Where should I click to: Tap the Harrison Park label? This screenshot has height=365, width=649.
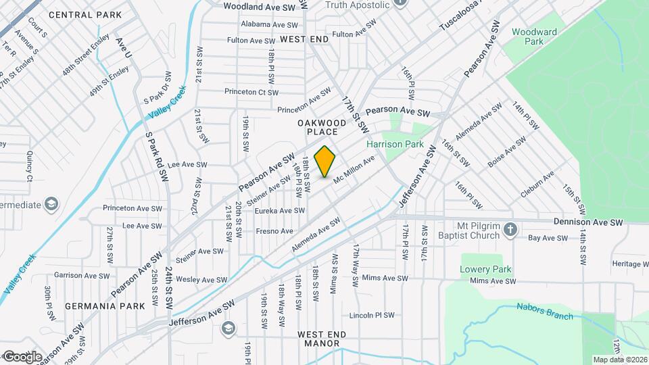pos(394,144)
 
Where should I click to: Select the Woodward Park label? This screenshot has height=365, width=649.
pos(534,36)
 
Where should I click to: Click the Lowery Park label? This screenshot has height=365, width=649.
pos(485,269)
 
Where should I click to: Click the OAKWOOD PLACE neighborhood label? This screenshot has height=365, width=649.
pos(322,128)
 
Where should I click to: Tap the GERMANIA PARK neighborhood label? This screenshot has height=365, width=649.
pos(105,306)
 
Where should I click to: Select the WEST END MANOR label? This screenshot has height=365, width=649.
pos(322,339)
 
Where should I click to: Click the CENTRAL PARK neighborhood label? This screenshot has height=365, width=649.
pos(86,15)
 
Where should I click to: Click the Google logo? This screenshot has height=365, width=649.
pos(22,356)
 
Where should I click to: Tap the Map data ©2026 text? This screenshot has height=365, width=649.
pos(619,359)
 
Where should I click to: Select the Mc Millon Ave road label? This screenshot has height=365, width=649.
pos(354,168)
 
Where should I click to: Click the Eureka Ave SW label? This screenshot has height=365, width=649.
pos(279,211)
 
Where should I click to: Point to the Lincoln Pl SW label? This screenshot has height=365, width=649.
pos(371,316)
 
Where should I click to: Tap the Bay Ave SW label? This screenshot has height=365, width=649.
pos(546,238)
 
